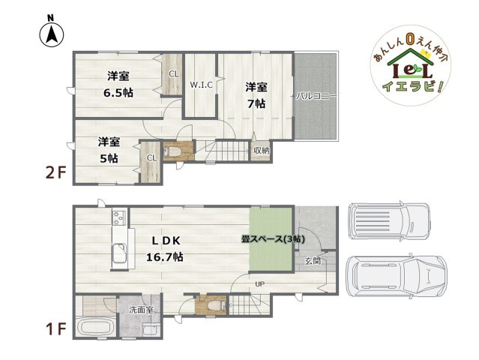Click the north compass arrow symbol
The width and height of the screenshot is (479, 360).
pyautogui.click(x=51, y=31)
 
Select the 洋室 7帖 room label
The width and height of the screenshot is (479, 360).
pyautogui.click(x=255, y=95)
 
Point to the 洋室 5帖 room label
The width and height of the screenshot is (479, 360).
pyautogui.click(x=108, y=149)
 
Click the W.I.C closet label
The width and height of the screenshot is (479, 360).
pyautogui.click(x=201, y=85)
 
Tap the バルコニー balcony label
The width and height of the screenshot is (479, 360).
pyautogui.click(x=315, y=96)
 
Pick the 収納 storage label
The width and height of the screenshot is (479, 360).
pyautogui.click(x=260, y=150)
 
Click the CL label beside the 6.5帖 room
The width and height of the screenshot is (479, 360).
pyautogui.click(x=172, y=73)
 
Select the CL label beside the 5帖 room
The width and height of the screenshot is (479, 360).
pyautogui.click(x=151, y=157)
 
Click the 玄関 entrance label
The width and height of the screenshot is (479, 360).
pyautogui.click(x=313, y=261)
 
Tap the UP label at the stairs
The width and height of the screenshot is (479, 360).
pyautogui.click(x=259, y=284)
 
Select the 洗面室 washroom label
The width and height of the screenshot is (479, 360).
pyautogui.click(x=140, y=309)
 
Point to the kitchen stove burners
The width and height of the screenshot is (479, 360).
pyautogui.click(x=119, y=218)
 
